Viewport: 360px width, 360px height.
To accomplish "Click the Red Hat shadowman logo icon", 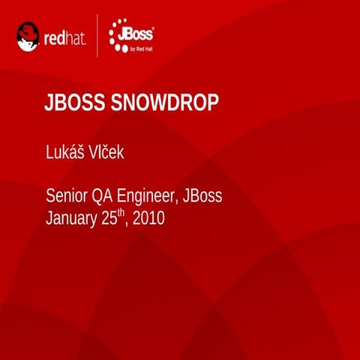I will click(28, 36).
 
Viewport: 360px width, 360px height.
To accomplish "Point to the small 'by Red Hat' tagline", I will click(142, 47).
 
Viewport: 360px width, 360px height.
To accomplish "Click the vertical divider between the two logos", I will click(98, 36).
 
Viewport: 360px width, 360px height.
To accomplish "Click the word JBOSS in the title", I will click(75, 104).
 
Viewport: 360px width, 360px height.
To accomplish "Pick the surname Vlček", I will click(109, 153).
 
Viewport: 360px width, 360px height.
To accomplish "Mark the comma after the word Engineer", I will click(178, 203).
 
